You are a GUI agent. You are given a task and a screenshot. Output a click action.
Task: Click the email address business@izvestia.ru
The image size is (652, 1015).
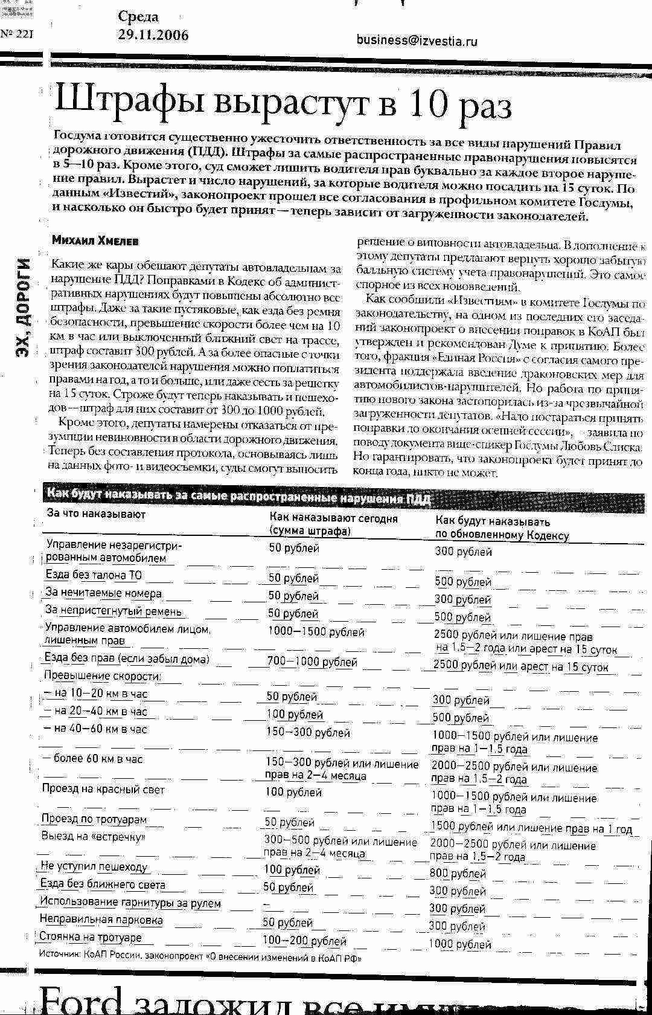coord(417,40)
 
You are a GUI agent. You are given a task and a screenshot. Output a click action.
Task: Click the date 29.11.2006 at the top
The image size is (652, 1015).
coord(153,35)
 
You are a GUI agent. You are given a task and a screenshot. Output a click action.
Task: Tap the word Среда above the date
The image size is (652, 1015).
coord(138,17)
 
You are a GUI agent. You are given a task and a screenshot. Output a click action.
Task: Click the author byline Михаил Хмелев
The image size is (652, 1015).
coord(95,240)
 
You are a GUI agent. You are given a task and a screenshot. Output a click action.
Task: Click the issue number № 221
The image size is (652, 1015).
coord(16,34)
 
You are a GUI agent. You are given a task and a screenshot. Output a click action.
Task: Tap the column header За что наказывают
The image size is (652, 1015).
coord(96,514)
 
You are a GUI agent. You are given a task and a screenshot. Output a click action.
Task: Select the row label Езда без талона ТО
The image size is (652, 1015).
coord(94,575)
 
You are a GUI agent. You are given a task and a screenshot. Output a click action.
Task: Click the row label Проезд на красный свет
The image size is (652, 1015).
coord(103,789)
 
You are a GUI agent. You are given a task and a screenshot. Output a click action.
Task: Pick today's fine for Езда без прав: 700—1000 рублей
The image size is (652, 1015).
coord(312,662)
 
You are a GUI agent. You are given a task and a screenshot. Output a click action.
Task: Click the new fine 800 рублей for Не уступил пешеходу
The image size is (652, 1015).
coord(458,873)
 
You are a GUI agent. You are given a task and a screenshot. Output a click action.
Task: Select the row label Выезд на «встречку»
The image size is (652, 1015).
coord(94,837)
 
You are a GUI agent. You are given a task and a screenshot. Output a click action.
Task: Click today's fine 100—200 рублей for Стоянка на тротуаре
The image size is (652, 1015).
coord(304,941)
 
